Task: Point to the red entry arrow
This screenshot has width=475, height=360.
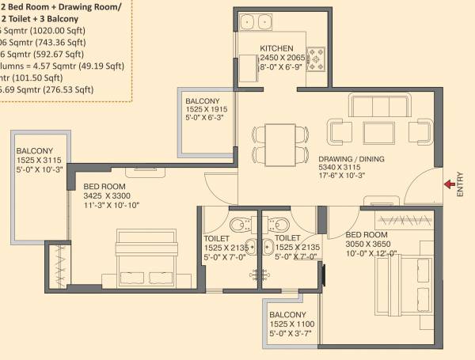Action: [449, 184]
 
